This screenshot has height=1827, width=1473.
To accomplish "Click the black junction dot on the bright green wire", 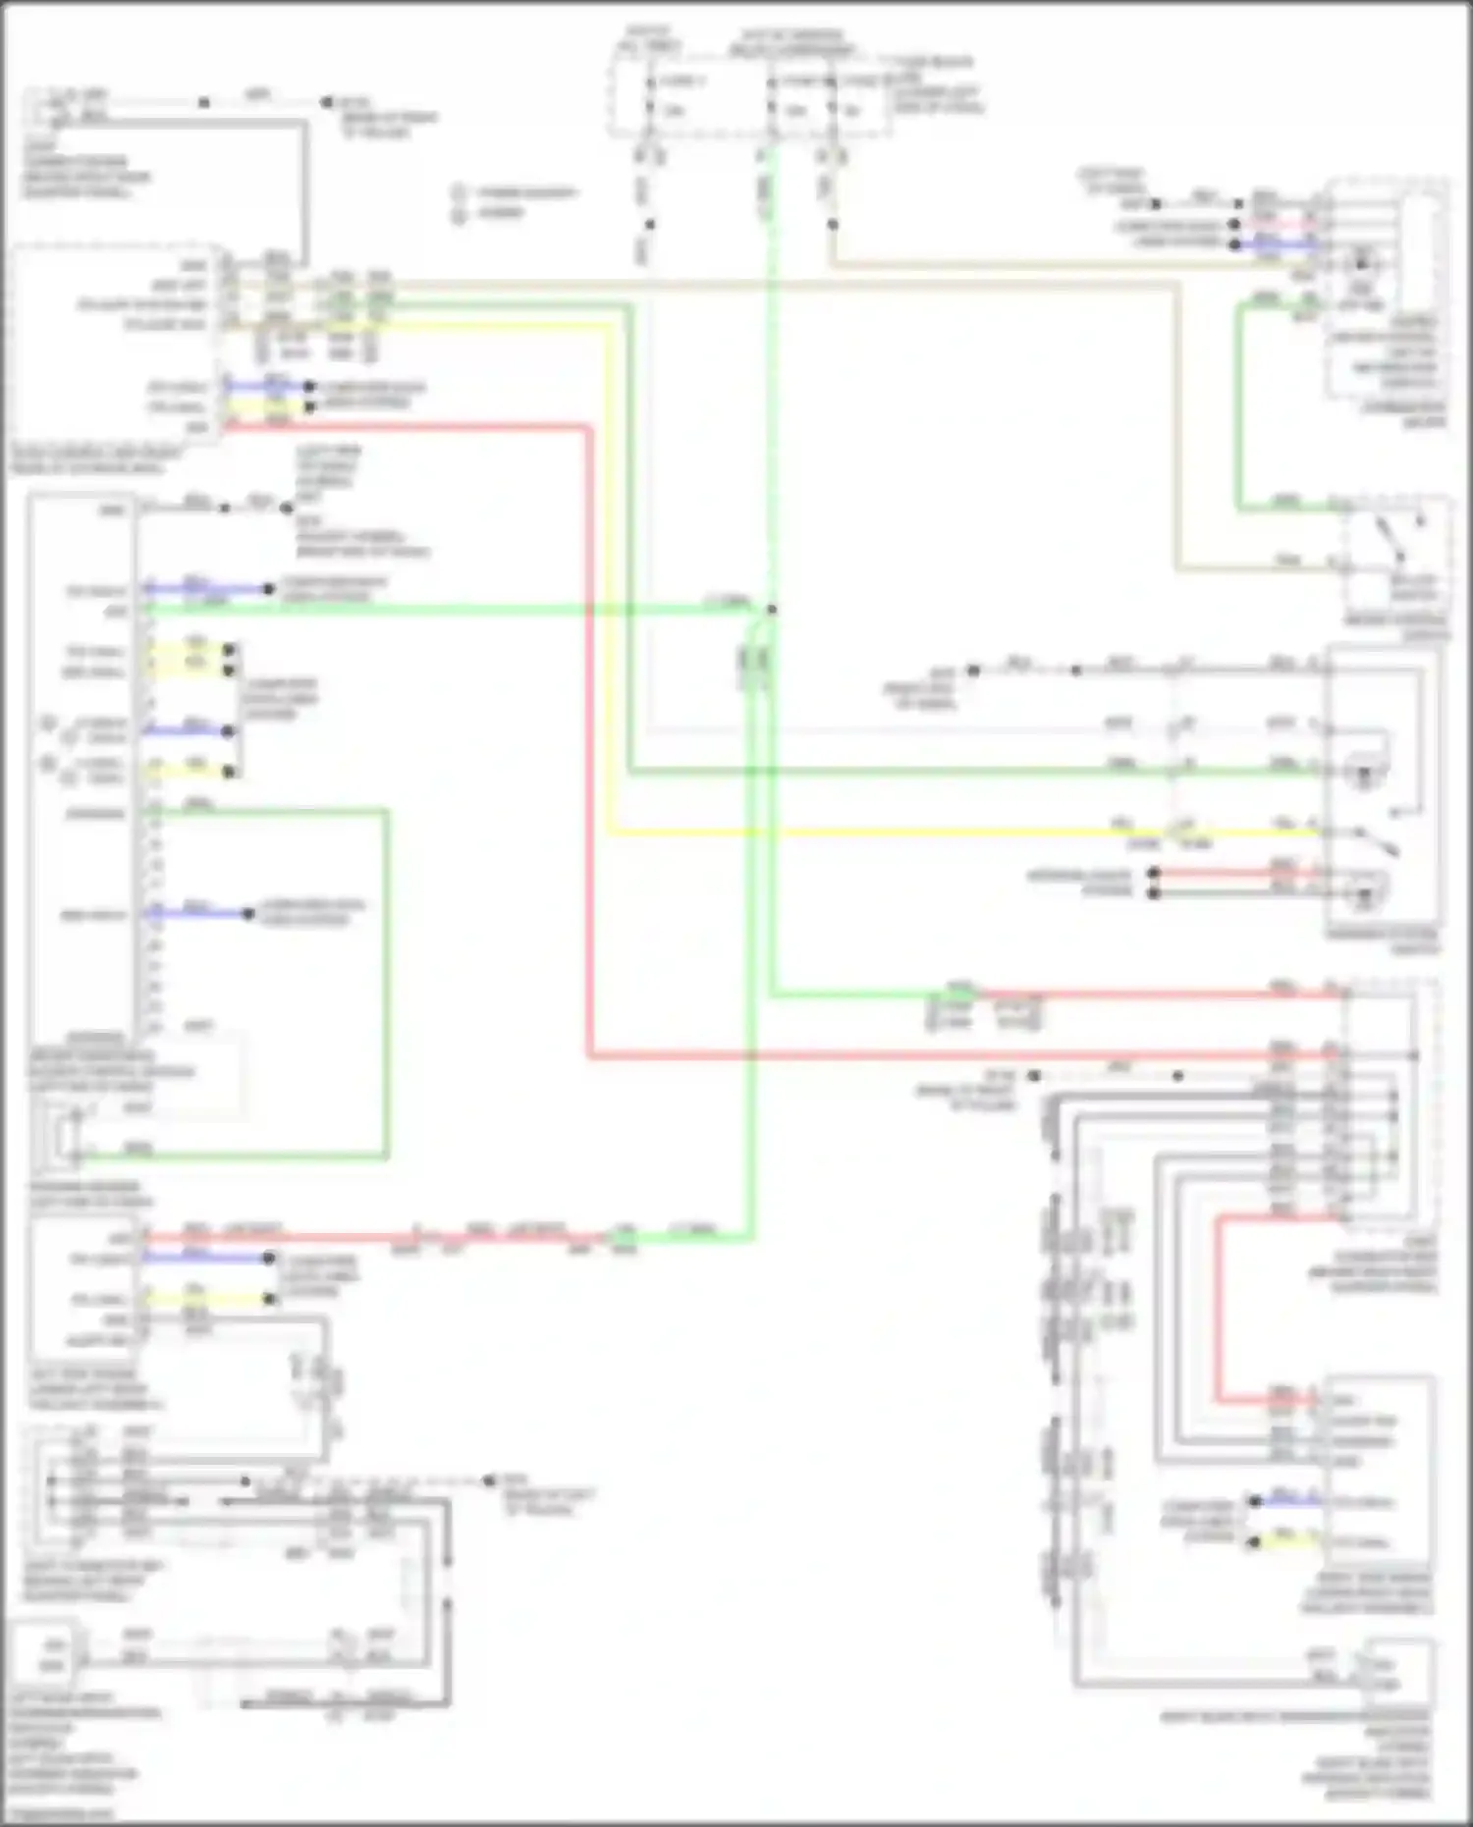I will point(772,610).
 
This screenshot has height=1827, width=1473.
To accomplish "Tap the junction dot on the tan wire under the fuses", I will point(833,225).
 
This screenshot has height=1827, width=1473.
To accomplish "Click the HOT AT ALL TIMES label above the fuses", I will point(645,38).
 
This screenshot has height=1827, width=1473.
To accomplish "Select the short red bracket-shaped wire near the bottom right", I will point(1218,1306).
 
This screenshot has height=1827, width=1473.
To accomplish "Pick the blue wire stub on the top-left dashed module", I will point(265,386).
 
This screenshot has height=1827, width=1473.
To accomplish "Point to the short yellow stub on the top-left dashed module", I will point(265,405).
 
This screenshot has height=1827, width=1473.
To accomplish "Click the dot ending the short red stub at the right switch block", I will point(1155,873).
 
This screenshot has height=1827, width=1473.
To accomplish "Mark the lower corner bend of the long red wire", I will point(590,1056).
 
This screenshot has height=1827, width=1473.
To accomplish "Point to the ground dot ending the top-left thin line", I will point(327,102).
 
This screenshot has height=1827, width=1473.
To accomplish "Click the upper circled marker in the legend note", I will point(459,192).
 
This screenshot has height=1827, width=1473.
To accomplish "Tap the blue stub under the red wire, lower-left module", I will point(206,1258).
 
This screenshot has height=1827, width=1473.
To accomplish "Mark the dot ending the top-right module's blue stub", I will point(1235,242).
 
